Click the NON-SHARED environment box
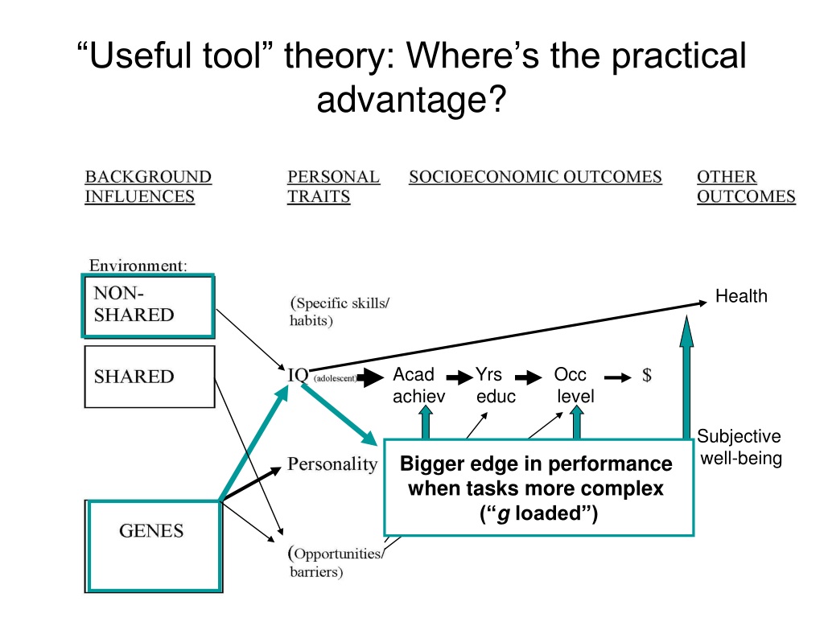tap(149, 306)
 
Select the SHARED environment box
tap(150, 377)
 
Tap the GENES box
tap(153, 545)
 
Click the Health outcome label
tap(741, 297)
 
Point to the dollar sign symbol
tap(647, 376)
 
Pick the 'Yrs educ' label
tap(492, 385)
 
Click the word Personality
tap(332, 464)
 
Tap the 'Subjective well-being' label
tap(739, 448)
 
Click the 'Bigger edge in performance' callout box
tap(537, 487)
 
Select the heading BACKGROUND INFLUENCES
tap(148, 187)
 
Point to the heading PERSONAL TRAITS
tap(333, 187)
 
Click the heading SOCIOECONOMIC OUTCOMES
tap(535, 177)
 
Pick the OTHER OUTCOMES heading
tap(745, 187)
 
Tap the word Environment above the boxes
tap(138, 265)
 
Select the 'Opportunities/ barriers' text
tap(336, 562)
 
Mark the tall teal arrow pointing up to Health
tap(686, 378)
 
